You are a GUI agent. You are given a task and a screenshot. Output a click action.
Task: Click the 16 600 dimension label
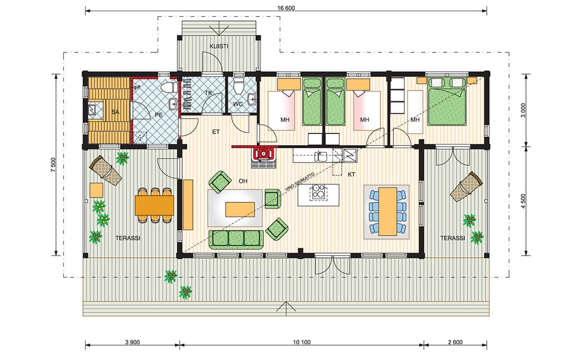286,8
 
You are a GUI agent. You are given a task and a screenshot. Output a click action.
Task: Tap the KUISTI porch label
219,47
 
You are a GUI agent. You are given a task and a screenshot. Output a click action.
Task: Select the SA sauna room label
115,112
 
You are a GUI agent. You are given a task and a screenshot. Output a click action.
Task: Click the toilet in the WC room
238,86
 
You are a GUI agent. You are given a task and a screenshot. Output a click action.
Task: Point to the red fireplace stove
263,154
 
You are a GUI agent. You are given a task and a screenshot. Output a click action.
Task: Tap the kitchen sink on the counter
321,156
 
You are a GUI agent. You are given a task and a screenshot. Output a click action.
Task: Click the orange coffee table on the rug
240,209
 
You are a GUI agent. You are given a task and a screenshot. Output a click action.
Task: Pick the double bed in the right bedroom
447,101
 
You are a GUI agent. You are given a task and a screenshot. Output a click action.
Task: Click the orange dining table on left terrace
154,205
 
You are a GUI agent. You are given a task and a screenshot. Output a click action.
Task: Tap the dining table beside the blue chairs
387,211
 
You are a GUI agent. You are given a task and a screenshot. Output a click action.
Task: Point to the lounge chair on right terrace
467,186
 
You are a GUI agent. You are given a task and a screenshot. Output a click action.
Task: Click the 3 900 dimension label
132,342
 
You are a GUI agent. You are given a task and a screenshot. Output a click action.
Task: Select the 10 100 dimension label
302,342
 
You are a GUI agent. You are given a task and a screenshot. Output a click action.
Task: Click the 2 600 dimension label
455,342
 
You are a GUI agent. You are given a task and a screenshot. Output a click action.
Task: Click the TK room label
208,93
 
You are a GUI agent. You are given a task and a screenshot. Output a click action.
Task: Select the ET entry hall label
216,132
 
